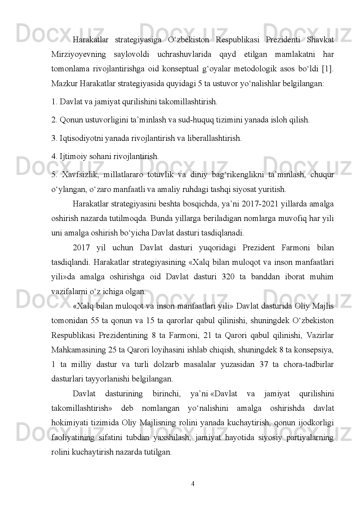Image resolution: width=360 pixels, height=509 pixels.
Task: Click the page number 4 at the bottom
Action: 193,484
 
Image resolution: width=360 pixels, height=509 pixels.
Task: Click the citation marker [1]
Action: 328,69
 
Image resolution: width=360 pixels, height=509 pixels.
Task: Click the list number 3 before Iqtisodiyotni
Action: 54,138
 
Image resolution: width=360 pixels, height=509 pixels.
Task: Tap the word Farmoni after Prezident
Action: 296,248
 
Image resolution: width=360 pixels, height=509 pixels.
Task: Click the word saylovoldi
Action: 131,54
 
